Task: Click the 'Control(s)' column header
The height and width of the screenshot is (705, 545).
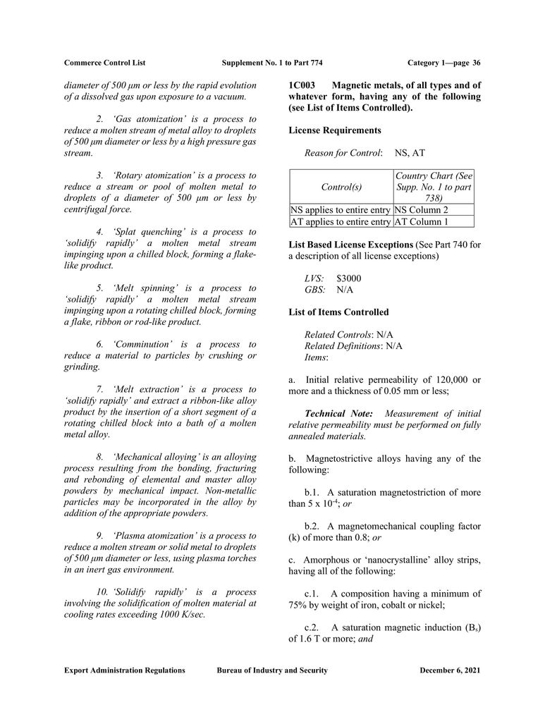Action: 341,187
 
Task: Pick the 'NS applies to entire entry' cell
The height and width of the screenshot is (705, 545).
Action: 340,209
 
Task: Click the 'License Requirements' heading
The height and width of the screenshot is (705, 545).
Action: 335,130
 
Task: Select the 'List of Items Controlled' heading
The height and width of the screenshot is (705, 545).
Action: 338,312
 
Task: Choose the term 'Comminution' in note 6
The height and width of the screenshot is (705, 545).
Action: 137,344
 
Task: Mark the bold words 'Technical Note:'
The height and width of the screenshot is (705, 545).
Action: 335,413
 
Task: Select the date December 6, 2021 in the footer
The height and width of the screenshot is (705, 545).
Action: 449,670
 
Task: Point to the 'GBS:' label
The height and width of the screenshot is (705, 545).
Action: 314,289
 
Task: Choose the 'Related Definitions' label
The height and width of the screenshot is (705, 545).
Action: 342,345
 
